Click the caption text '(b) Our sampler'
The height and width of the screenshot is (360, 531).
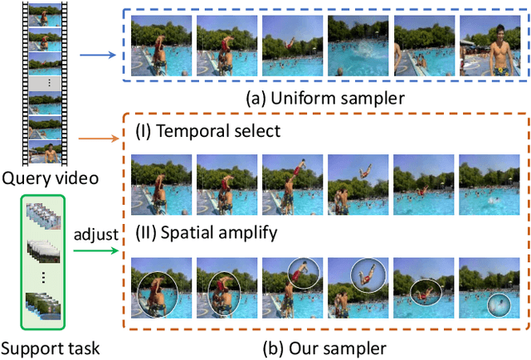[x=327, y=346]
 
